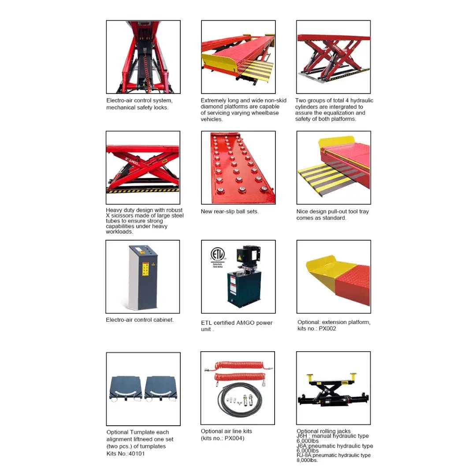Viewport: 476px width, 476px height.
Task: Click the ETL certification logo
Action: click(x=217, y=255)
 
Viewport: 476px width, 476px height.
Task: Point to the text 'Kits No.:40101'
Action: click(x=126, y=454)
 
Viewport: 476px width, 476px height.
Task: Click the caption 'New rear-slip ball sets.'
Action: click(x=230, y=212)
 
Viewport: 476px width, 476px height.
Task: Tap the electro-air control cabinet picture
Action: click(x=143, y=276)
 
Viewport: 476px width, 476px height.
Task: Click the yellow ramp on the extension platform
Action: click(x=328, y=267)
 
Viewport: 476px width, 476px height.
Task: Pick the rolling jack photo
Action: click(x=333, y=388)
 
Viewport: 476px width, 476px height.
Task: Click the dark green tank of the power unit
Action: click(x=244, y=289)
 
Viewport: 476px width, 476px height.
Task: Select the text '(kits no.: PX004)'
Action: click(x=223, y=438)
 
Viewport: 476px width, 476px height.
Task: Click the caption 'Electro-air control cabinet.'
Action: click(x=140, y=320)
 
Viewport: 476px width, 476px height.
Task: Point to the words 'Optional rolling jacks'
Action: click(x=324, y=431)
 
